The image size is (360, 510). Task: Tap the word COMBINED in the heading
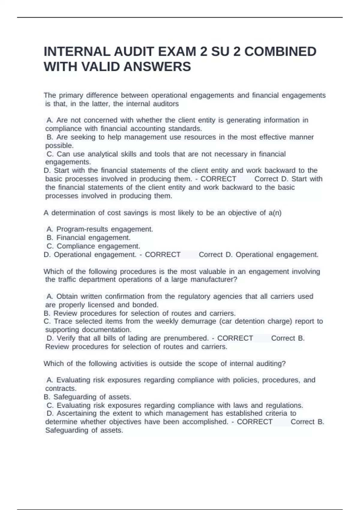point(280,52)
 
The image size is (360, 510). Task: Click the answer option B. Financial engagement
point(89,238)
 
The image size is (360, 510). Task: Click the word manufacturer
point(214,280)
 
